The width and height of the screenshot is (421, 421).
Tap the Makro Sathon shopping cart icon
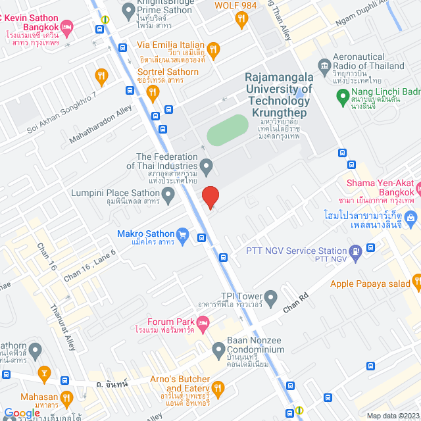tap(184, 234)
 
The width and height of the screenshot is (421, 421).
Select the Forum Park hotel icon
tap(203, 322)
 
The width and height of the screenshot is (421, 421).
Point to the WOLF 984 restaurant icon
tap(241, 19)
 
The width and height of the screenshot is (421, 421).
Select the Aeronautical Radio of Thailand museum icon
tap(324, 66)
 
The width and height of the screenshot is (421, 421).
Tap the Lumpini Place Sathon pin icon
tap(168, 193)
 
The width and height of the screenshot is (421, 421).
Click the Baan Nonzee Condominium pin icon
tap(219, 349)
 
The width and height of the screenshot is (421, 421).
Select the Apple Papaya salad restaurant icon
tap(416, 284)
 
